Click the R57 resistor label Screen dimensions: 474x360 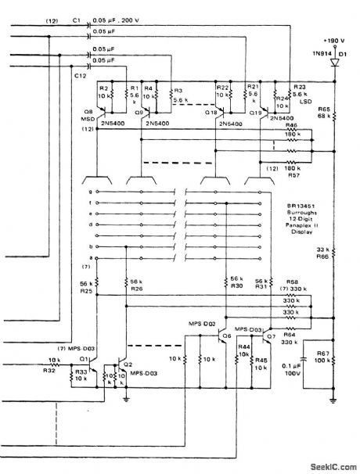(292, 177)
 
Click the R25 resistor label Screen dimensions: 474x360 (85, 290)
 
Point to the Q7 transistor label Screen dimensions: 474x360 (271, 336)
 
